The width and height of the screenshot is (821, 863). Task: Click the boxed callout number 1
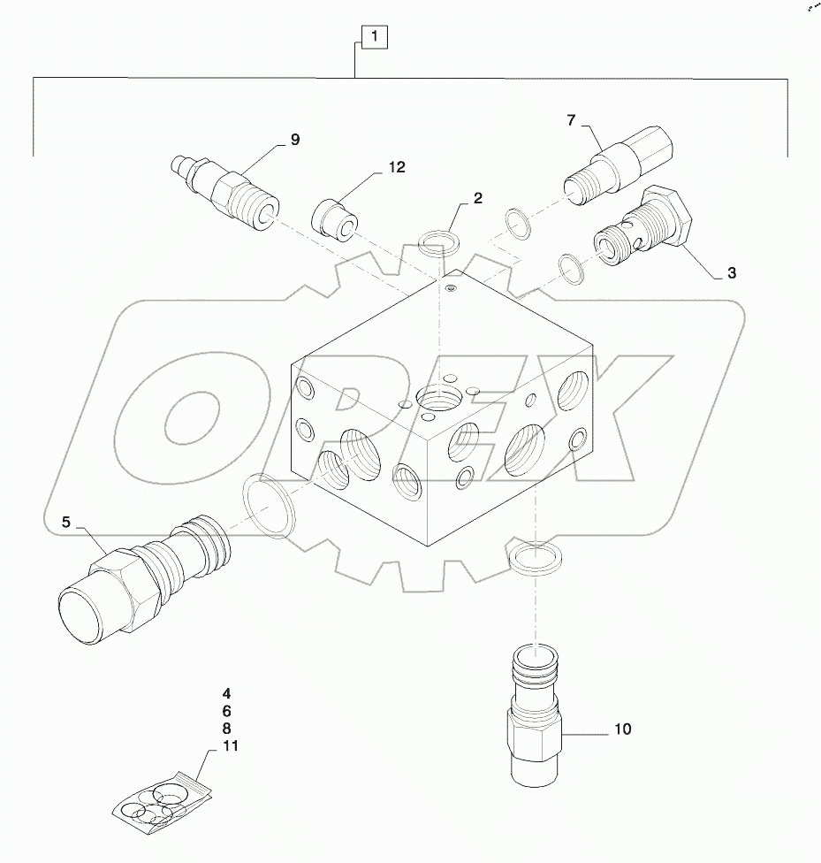click(375, 37)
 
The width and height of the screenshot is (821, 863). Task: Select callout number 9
click(294, 140)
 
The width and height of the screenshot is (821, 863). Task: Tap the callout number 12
click(396, 167)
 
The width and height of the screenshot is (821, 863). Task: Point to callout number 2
click(477, 199)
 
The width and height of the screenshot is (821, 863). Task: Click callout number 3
click(731, 273)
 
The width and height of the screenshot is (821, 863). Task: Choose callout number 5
click(65, 523)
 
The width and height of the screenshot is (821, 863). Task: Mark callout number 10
click(622, 729)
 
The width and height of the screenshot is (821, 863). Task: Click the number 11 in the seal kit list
click(231, 746)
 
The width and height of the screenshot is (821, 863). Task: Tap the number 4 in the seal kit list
click(226, 693)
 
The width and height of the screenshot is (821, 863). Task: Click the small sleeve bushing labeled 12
click(337, 219)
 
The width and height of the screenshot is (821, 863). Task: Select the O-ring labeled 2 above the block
click(437, 241)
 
